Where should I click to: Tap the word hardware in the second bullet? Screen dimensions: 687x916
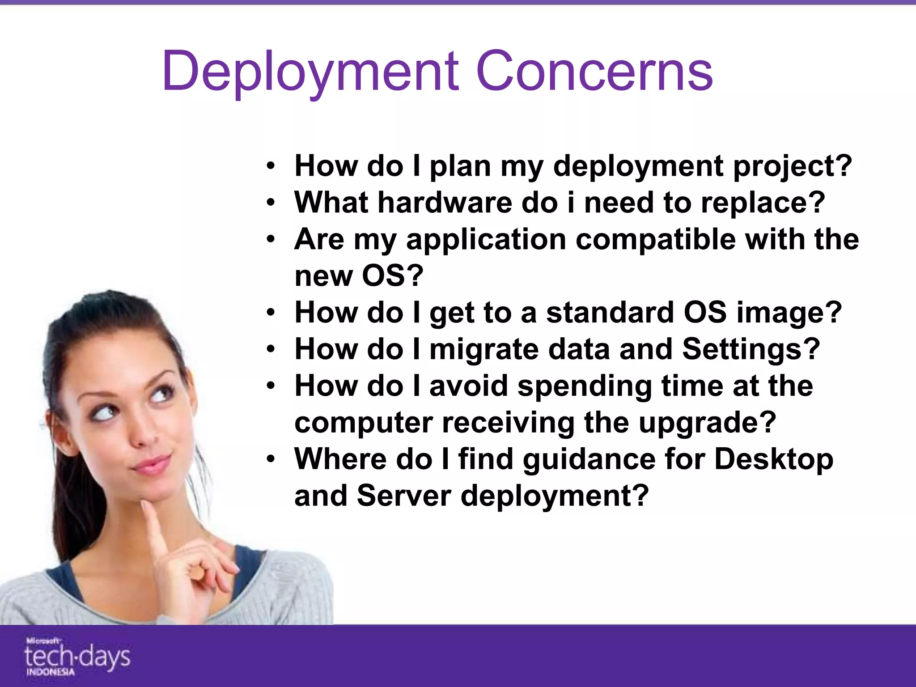coord(445,203)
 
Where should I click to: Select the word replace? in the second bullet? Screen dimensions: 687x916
coord(763,203)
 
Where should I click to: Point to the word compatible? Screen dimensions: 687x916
coord(655,239)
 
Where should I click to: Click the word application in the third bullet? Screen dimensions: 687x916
coord(486,239)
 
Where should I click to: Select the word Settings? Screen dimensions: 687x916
coord(751,349)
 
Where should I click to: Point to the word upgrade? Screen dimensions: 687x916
coord(707,423)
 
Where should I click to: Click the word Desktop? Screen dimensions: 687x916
coord(774,459)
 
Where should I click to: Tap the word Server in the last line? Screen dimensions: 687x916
coord(404,496)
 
